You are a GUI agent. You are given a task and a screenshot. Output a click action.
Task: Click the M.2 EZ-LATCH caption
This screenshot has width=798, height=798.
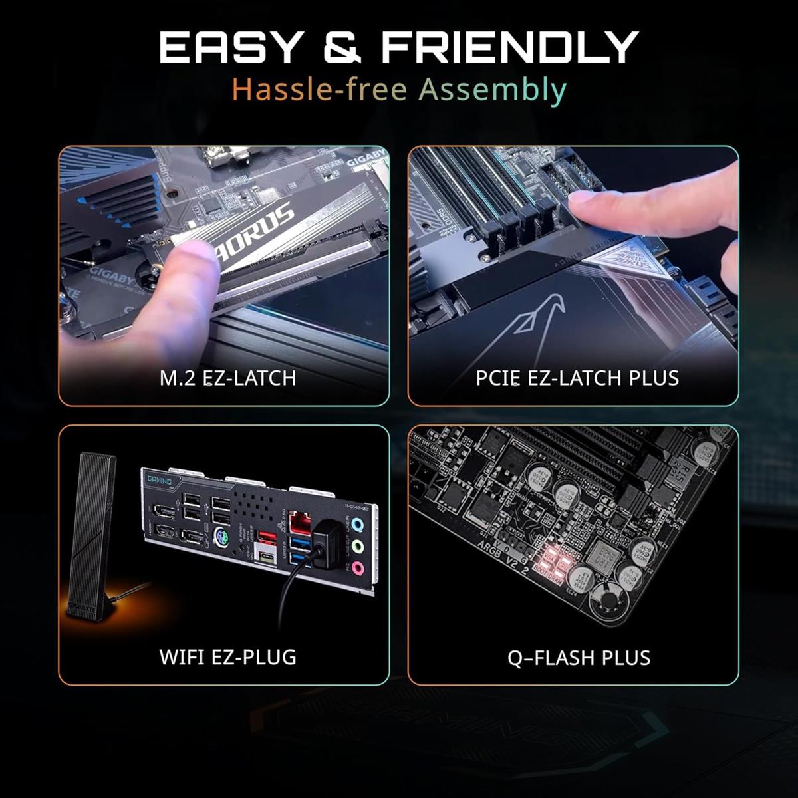tap(227, 378)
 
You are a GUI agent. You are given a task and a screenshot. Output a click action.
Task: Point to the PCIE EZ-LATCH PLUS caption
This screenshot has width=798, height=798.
tap(577, 378)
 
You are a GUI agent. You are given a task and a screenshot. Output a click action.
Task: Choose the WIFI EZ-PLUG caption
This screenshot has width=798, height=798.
tap(227, 657)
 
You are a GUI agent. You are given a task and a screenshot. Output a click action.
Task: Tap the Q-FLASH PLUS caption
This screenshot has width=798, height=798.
tap(579, 658)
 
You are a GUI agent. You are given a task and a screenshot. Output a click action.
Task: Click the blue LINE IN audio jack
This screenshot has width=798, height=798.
tap(358, 525)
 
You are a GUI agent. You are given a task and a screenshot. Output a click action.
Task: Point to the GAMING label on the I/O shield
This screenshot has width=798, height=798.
tap(159, 481)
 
